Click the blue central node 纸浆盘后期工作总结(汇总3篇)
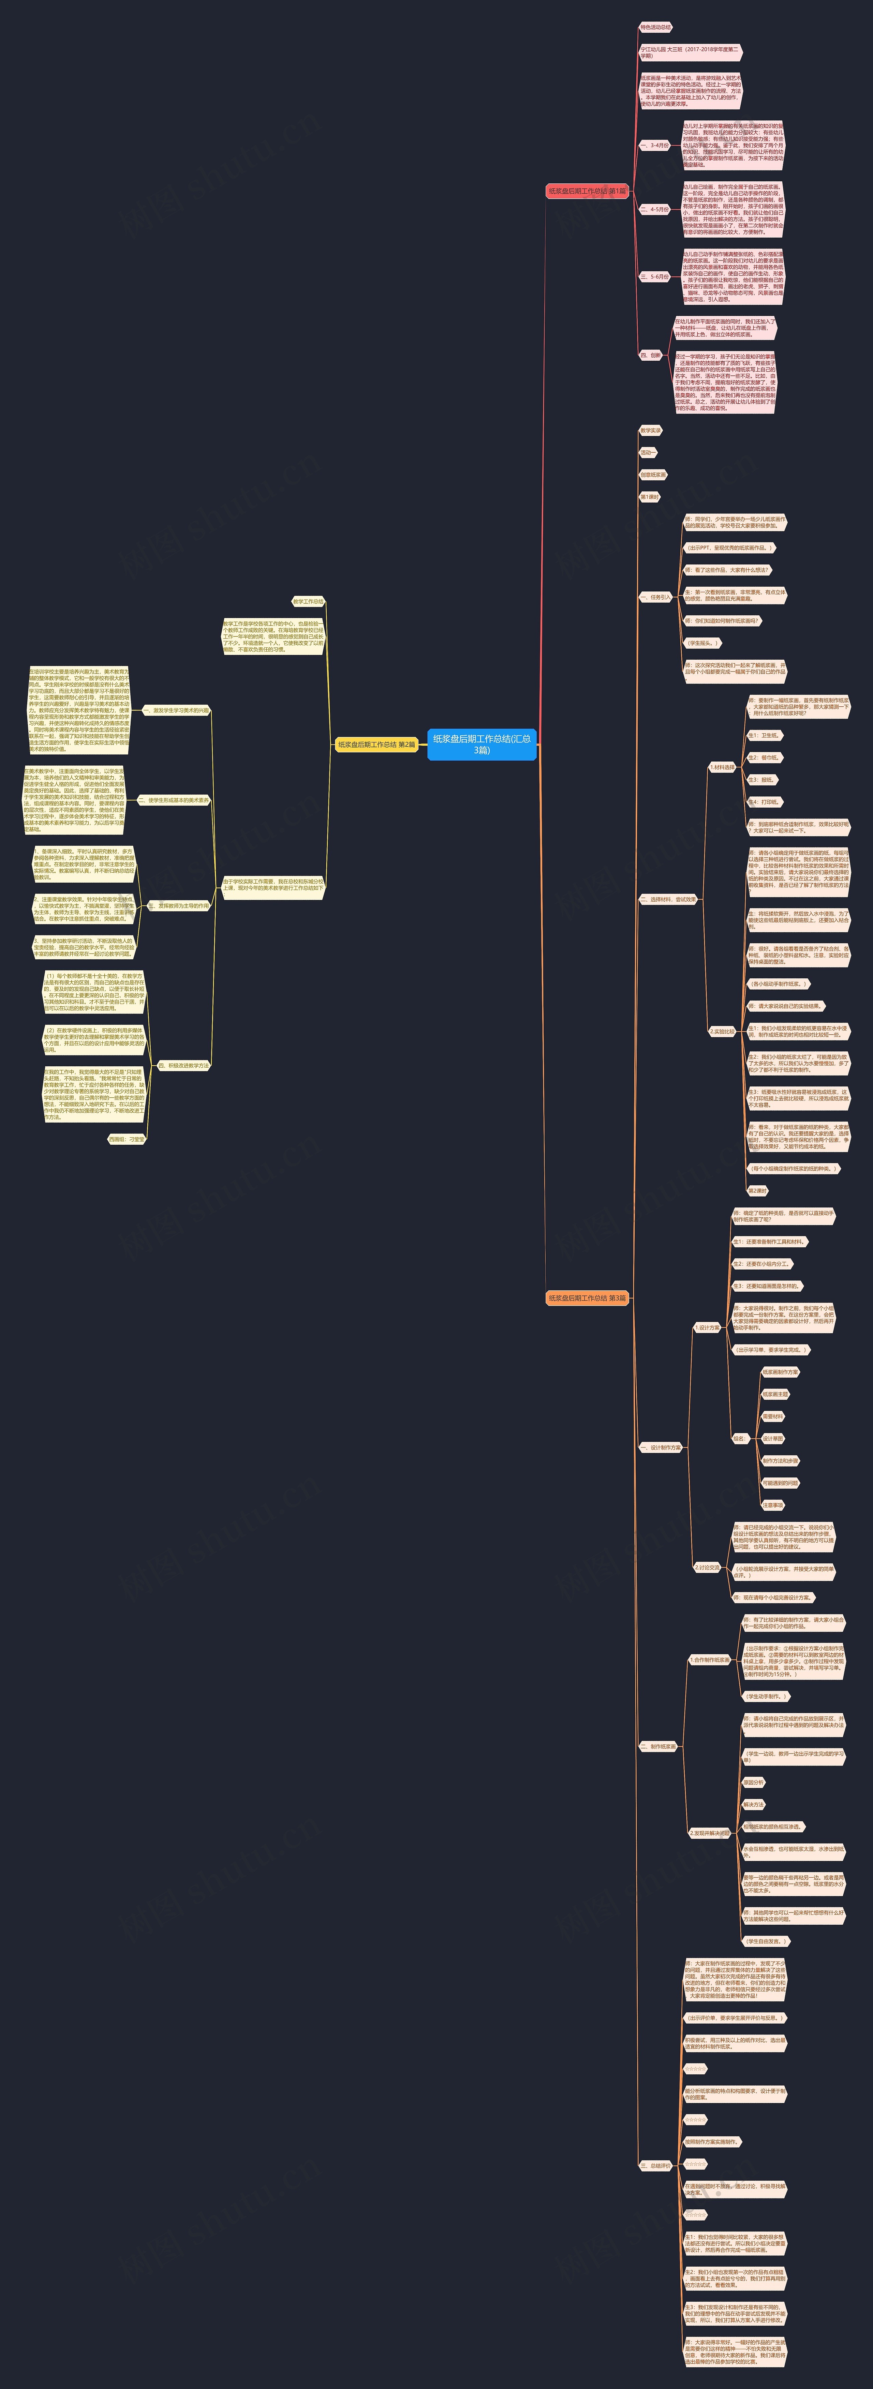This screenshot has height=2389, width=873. tap(482, 744)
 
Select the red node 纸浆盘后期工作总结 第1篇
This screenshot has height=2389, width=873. tap(587, 191)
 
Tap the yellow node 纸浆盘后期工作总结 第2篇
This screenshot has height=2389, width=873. tap(376, 744)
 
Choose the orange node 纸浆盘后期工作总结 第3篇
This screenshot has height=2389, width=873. tap(587, 1297)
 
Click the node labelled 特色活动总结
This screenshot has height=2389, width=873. tap(656, 28)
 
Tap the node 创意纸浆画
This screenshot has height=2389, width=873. tap(653, 475)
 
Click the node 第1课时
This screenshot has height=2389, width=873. tap(649, 497)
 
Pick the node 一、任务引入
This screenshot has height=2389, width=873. tap(655, 597)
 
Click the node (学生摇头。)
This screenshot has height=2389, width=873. tap(702, 643)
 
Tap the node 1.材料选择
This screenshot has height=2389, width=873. tap(722, 768)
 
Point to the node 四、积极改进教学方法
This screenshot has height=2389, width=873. tap(184, 1066)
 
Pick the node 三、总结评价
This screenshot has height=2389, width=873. tap(655, 2165)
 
